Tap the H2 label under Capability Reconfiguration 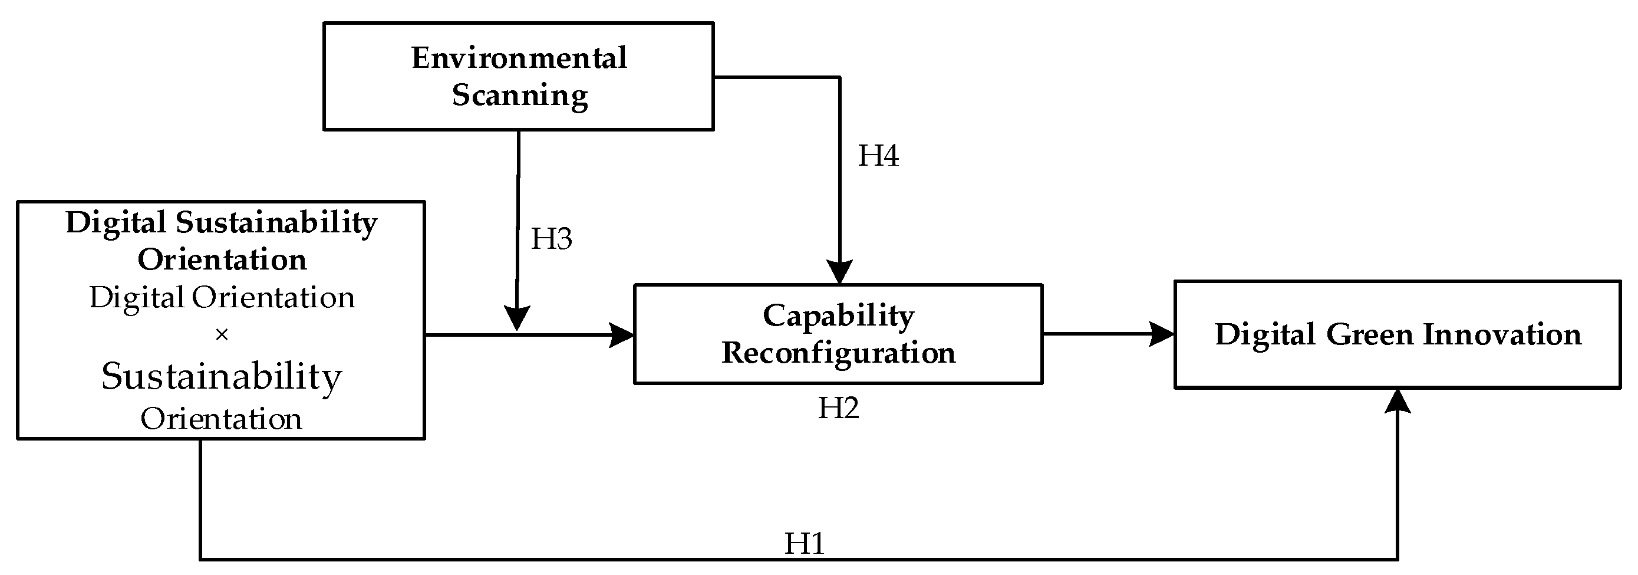(x=838, y=408)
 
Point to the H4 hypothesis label (x=878, y=156)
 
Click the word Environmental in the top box (x=519, y=58)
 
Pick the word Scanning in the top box (x=519, y=96)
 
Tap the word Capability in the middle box (x=838, y=316)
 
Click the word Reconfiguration (x=838, y=353)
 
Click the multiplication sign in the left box (x=221, y=334)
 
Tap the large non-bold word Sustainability (x=221, y=376)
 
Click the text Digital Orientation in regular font (x=221, y=298)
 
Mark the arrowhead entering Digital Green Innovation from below (x=1397, y=400)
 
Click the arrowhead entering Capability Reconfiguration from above (x=839, y=272)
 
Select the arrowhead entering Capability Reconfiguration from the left (x=622, y=334)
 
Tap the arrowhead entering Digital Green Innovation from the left (x=1162, y=334)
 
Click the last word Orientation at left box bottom (x=220, y=419)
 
